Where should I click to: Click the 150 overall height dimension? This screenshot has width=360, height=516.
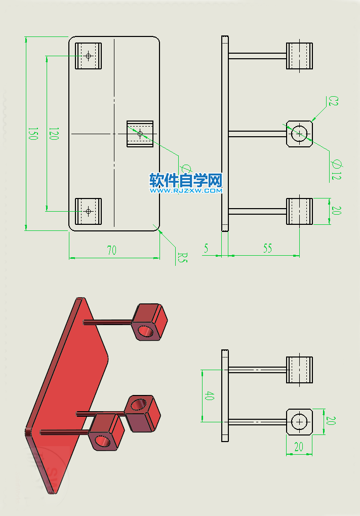pyautogui.click(x=33, y=134)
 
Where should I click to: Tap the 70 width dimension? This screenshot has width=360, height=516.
pyautogui.click(x=111, y=250)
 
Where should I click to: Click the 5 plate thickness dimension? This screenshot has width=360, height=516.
pyautogui.click(x=206, y=248)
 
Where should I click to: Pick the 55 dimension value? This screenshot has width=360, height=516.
pyautogui.click(x=267, y=248)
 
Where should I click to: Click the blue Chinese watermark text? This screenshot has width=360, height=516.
pyautogui.click(x=186, y=180)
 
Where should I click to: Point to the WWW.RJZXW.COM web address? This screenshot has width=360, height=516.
pyautogui.click(x=186, y=191)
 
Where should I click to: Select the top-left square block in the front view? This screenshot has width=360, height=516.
pyautogui.click(x=89, y=56)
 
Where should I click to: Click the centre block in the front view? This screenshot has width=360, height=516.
pyautogui.click(x=140, y=134)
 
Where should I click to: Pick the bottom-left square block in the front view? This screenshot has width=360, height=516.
pyautogui.click(x=89, y=211)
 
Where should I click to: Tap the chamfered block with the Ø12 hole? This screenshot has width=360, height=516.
pyautogui.click(x=299, y=134)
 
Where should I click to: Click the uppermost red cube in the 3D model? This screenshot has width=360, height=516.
pyautogui.click(x=149, y=322)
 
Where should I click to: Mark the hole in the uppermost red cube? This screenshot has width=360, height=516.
pyautogui.click(x=147, y=331)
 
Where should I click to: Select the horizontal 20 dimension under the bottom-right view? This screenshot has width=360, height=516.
pyautogui.click(x=299, y=447)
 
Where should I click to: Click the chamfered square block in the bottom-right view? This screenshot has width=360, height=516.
pyautogui.click(x=299, y=421)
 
